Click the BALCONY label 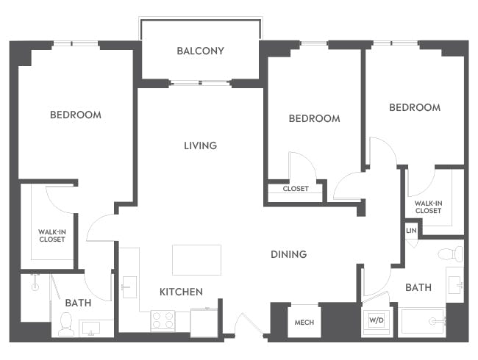(x=200, y=51)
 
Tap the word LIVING (x=200, y=145)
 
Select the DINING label (x=288, y=254)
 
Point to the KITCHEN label (x=181, y=292)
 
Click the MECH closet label (x=304, y=323)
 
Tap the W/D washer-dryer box (x=377, y=321)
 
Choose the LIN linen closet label (x=411, y=231)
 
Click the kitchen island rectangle (x=196, y=260)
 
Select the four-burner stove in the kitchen (x=163, y=320)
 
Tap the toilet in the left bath (x=65, y=323)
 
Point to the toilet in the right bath (x=449, y=255)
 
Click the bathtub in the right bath (x=422, y=321)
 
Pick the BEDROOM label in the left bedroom (x=75, y=115)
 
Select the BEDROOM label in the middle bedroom (x=314, y=118)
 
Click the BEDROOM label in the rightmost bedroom (x=415, y=107)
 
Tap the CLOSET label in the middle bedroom (x=296, y=189)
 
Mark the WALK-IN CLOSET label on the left (x=51, y=235)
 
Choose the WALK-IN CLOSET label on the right (x=428, y=206)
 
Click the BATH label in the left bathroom (x=77, y=303)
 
